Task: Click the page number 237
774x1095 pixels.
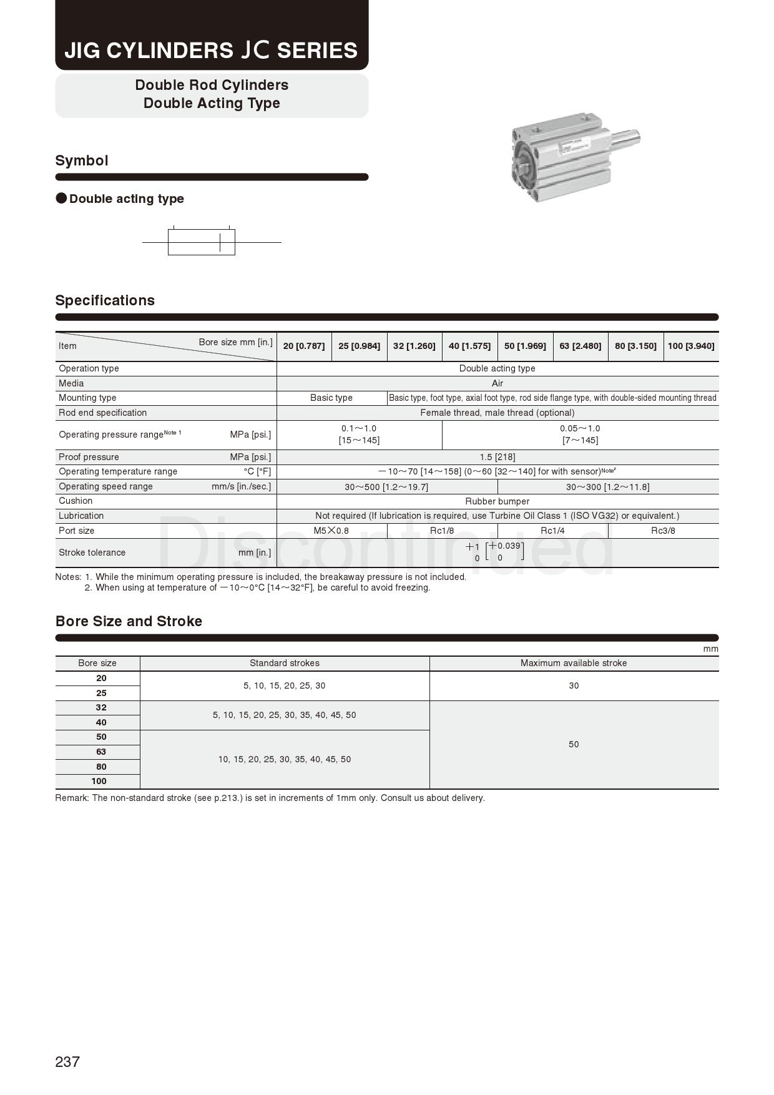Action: coord(67,1061)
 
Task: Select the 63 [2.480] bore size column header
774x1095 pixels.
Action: coord(580,346)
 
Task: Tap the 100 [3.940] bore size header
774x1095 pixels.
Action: coord(690,346)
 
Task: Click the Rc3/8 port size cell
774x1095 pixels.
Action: coord(663,531)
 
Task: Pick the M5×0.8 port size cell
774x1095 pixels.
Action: coord(331,531)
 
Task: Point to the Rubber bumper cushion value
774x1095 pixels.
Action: coord(497,501)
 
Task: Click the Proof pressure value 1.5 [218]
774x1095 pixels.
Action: coord(497,457)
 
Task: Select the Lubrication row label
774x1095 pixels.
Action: coord(81,516)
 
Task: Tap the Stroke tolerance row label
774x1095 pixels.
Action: coord(92,552)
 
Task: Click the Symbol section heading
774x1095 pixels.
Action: coord(82,160)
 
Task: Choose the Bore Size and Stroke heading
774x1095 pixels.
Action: coord(129,621)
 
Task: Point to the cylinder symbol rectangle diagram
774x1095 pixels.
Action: coord(201,242)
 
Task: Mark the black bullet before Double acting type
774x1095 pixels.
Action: coord(61,199)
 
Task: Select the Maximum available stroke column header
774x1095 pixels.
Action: coord(574,663)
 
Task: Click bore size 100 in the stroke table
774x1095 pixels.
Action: coord(99,781)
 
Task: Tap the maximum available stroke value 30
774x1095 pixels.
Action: coord(574,685)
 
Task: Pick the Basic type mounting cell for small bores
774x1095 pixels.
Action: coord(331,398)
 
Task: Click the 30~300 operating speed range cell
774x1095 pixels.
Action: coord(607,487)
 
